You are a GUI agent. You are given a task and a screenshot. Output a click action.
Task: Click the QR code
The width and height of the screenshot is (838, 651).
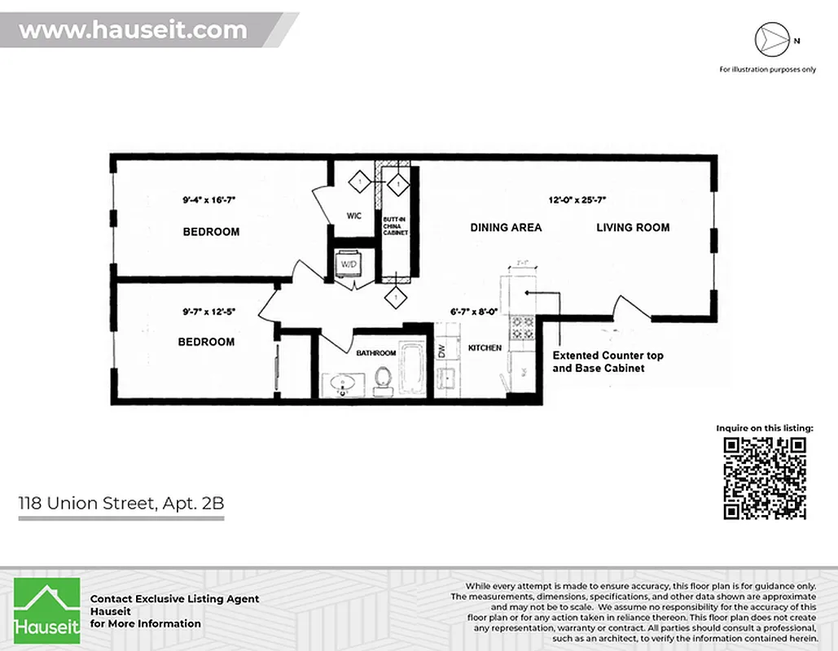pos(765,478)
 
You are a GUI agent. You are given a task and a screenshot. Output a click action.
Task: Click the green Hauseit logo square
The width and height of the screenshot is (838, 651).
pos(47,610)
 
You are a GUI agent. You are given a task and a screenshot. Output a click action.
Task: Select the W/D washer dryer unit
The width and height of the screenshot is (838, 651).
pos(349,264)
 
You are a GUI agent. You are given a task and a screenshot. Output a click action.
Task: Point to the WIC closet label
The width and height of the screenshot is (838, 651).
pos(353,216)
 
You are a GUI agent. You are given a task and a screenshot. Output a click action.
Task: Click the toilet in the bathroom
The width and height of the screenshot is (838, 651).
pos(382,379)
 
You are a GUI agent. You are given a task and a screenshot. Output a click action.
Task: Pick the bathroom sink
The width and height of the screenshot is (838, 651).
pos(343,383)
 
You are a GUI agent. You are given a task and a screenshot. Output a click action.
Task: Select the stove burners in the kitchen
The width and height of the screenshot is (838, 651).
pos(522,327)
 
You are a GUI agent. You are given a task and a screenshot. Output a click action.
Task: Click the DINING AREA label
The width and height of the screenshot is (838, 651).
pos(506,228)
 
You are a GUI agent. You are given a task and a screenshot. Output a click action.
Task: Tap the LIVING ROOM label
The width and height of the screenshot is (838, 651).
pos(633,228)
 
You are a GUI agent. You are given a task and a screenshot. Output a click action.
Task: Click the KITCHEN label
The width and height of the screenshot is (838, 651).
pos(485,348)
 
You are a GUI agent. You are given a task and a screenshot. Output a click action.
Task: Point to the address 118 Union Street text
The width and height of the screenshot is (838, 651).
pos(121,504)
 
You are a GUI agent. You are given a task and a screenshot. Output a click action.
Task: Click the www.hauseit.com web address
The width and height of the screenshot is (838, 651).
pos(133,31)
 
